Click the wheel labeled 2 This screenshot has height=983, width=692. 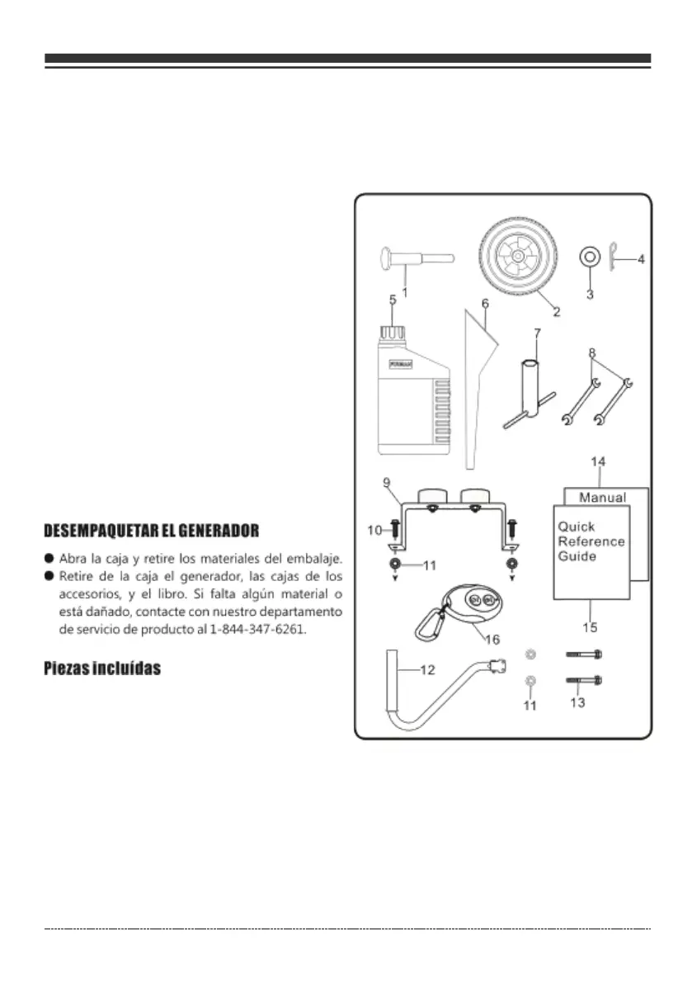click(x=515, y=258)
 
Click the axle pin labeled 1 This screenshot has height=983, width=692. click(x=416, y=257)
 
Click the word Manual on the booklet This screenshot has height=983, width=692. click(x=602, y=498)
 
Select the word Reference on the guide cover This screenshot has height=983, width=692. click(x=591, y=541)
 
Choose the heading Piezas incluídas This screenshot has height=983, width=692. click(x=101, y=669)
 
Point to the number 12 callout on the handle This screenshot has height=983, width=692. click(x=426, y=670)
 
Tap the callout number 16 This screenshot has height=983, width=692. click(x=492, y=640)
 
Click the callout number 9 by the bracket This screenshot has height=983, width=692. click(x=387, y=480)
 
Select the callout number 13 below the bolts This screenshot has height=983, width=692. click(x=577, y=702)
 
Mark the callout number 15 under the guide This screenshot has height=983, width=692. click(x=590, y=627)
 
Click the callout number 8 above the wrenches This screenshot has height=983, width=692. click(x=591, y=353)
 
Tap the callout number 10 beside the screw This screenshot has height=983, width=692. click(x=374, y=531)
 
